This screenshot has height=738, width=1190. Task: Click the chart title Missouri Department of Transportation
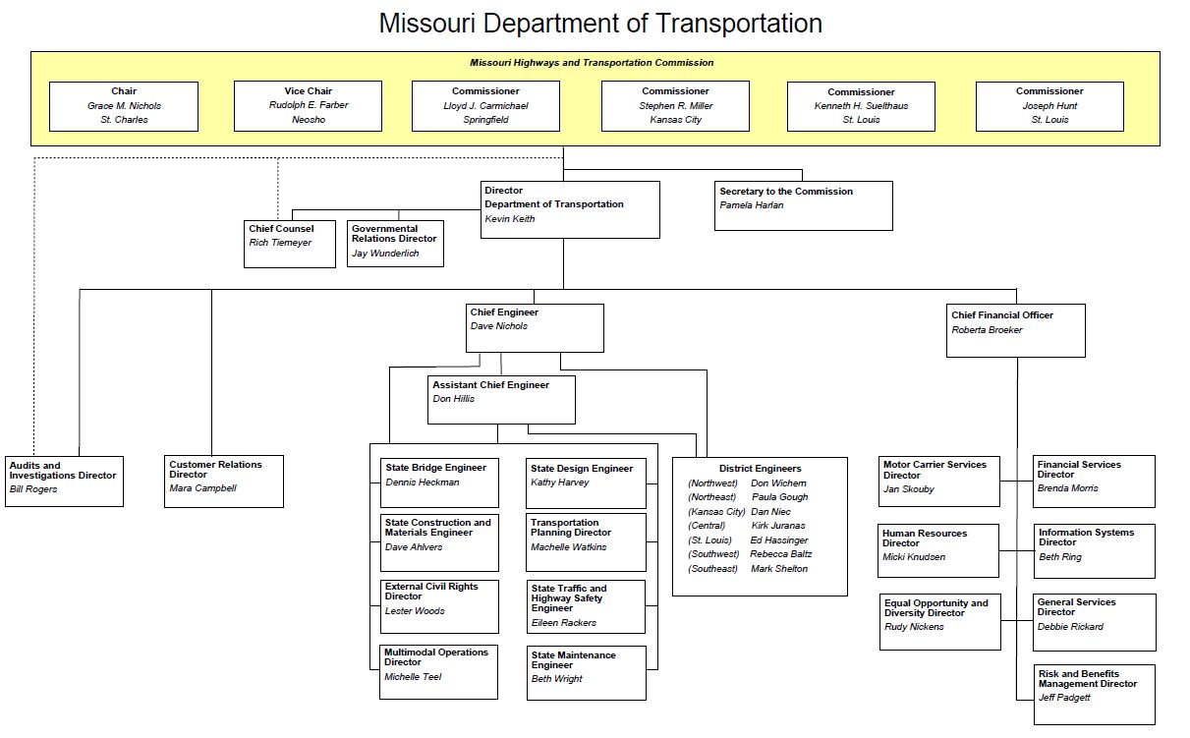(600, 24)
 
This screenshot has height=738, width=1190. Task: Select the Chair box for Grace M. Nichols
(123, 106)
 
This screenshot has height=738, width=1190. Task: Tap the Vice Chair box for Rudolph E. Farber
(308, 106)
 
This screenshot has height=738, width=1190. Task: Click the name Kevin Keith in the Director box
(510, 219)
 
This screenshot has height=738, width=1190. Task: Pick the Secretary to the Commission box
(803, 205)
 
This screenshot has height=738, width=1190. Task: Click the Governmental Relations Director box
(395, 243)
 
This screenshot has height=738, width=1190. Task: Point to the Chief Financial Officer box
(1015, 329)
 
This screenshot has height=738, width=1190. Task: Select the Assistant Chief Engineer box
(501, 399)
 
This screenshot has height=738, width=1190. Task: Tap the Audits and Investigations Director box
(65, 481)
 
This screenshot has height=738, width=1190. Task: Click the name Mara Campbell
(202, 488)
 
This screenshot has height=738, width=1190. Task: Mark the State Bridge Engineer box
(439, 483)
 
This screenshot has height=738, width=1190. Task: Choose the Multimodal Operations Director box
(439, 671)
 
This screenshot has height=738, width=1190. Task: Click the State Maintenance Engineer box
(587, 672)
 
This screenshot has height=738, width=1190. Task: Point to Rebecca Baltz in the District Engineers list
(781, 554)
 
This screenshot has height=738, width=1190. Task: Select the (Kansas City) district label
(716, 512)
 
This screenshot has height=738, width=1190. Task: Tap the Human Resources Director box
(938, 550)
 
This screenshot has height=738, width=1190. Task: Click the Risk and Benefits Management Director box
(1095, 694)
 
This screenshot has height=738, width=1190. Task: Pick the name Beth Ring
(1060, 557)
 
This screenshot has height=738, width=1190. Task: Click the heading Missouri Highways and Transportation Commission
(592, 63)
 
